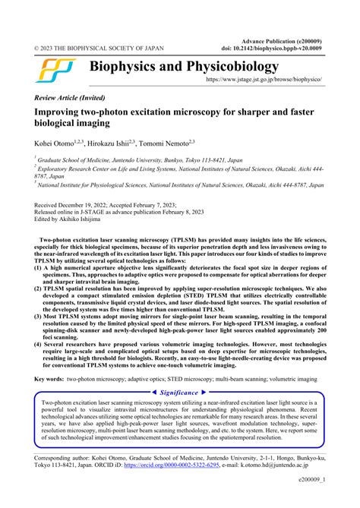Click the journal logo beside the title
click(x=55, y=71)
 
